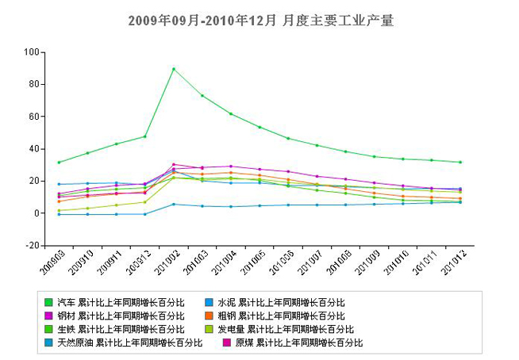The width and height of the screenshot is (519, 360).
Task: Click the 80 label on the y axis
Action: (33, 84)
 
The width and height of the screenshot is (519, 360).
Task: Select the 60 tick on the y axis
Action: (33, 117)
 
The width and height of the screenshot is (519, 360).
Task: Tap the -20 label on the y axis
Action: (31, 246)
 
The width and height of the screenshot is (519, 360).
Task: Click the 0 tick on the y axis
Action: (36, 213)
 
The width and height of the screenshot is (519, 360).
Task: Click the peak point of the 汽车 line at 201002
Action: (174, 69)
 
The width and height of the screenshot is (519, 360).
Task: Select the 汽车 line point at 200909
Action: (59, 163)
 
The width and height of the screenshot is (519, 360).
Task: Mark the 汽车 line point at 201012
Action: (460, 163)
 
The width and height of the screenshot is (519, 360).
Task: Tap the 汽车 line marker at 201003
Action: (202, 96)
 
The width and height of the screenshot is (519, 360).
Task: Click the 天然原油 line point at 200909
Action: (59, 214)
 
